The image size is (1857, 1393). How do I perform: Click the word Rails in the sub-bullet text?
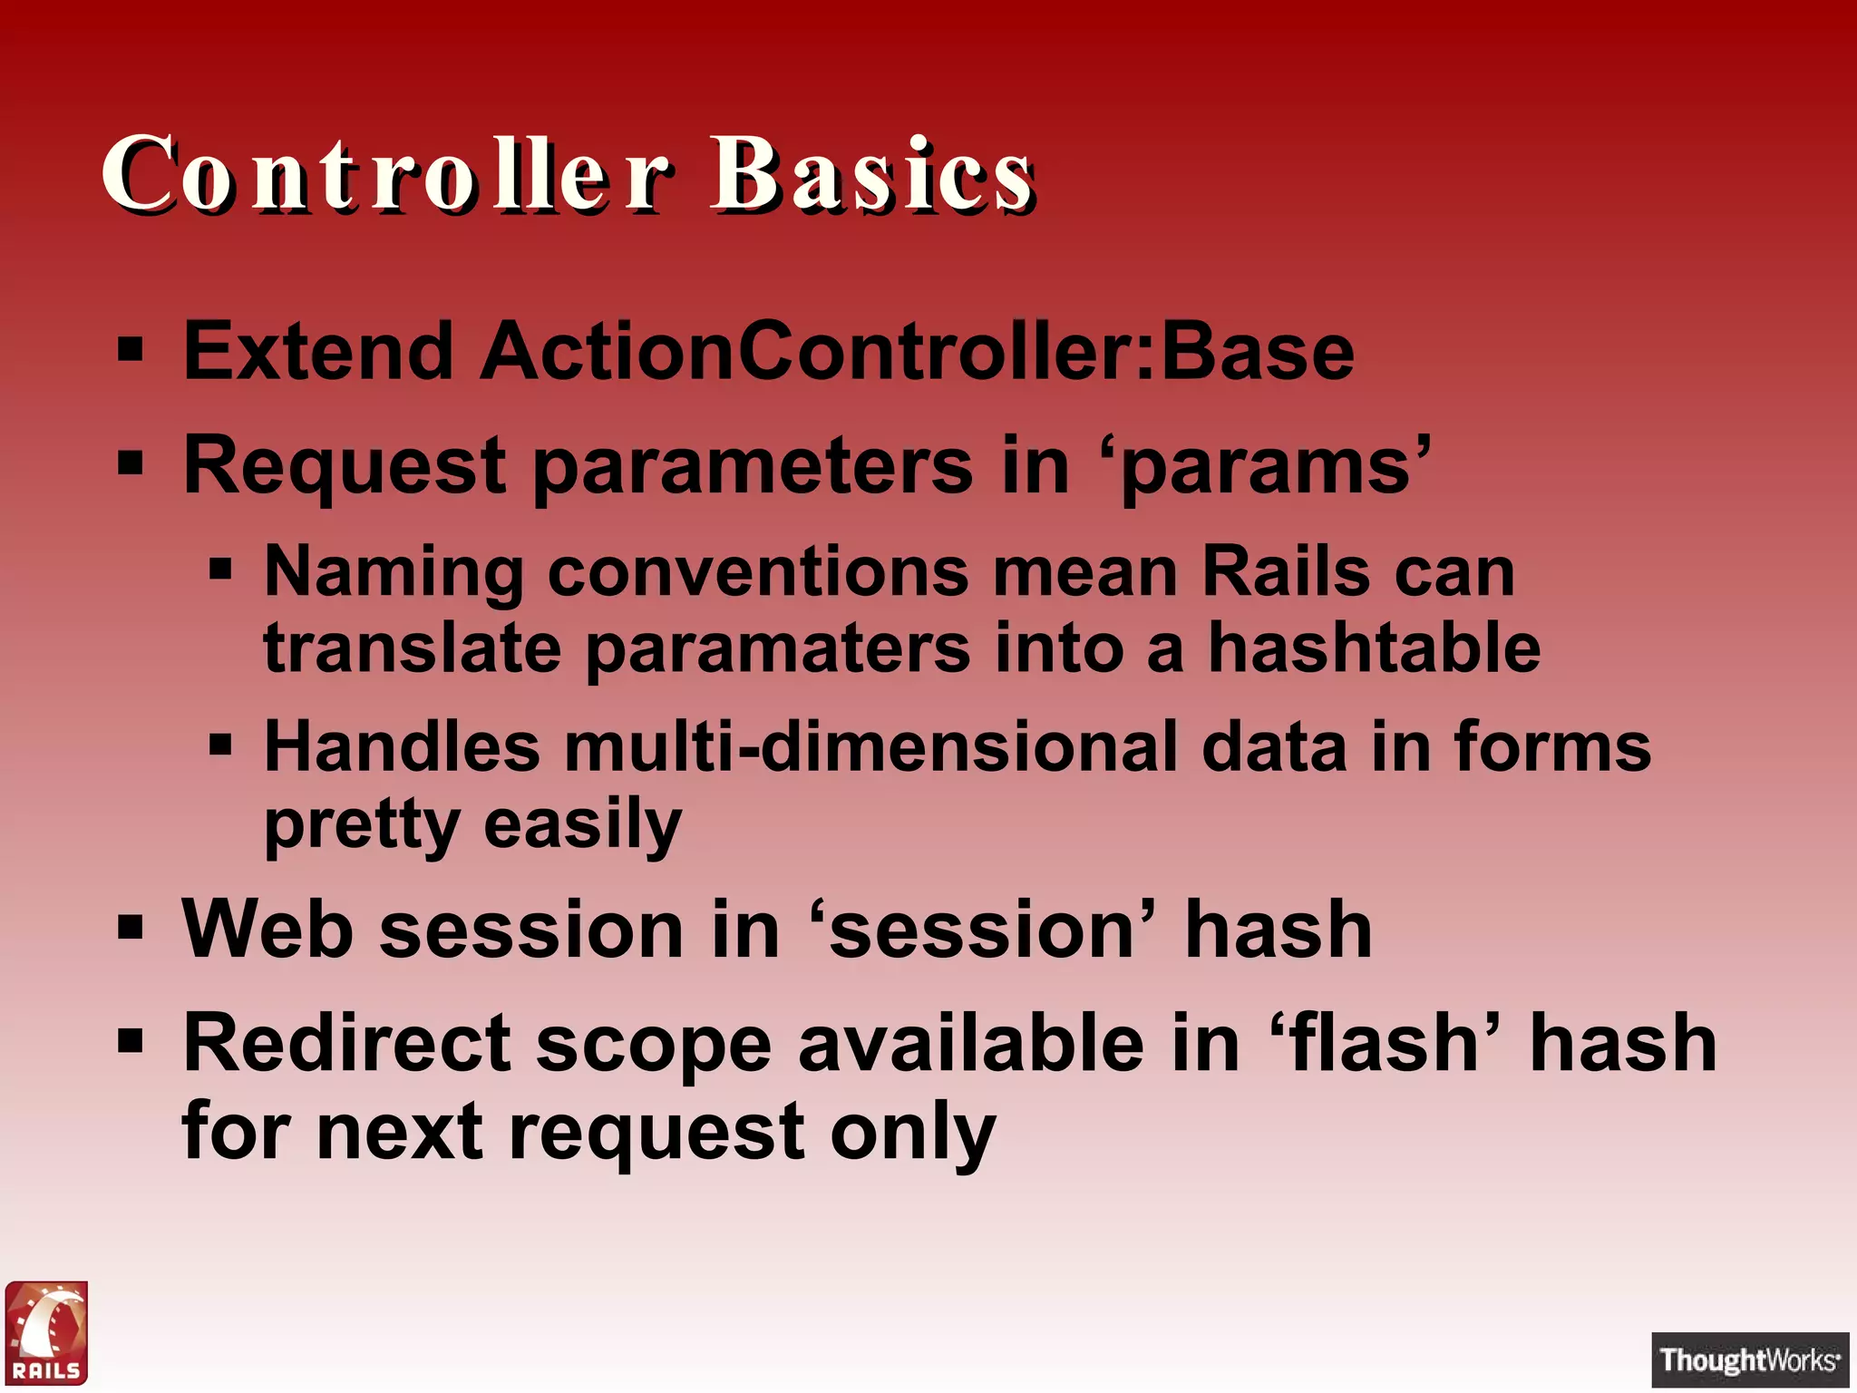pos(1285,571)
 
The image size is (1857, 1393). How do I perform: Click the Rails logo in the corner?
pos(46,1332)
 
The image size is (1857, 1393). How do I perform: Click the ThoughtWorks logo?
pos(1749,1359)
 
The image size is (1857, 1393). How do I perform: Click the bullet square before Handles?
pos(220,745)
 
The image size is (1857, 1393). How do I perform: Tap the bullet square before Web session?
pos(131,928)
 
